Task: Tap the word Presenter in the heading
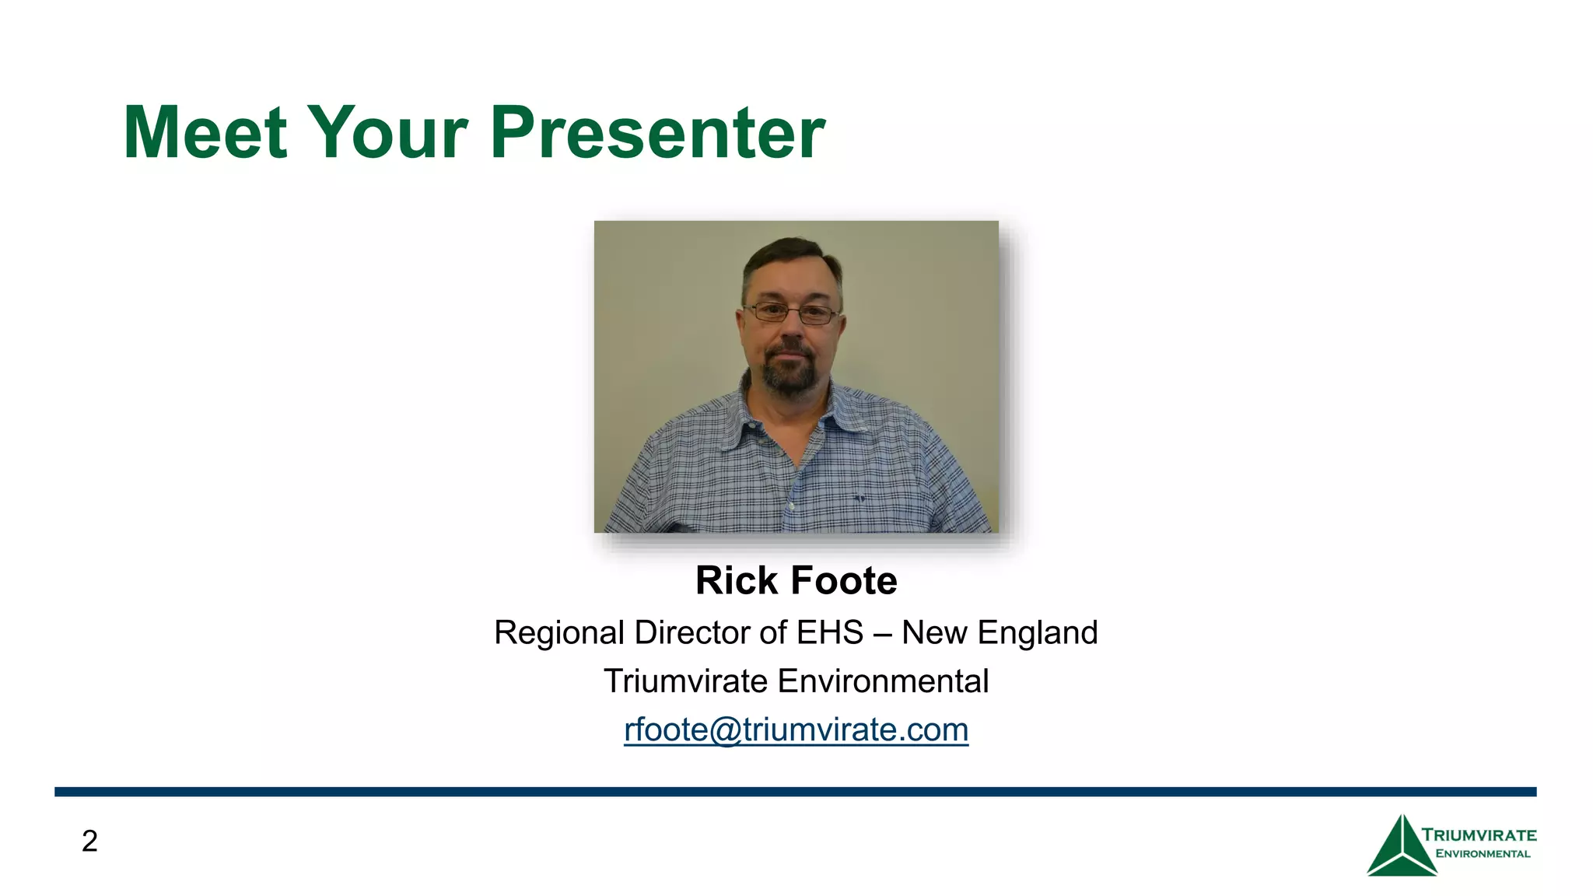(x=657, y=134)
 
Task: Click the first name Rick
(x=737, y=581)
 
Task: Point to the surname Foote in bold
(x=844, y=581)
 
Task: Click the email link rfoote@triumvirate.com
(x=796, y=730)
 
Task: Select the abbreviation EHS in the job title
(x=830, y=633)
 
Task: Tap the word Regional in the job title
(x=559, y=633)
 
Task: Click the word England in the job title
(x=1038, y=633)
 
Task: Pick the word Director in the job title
(x=692, y=633)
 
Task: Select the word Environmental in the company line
(x=883, y=682)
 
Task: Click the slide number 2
(x=89, y=842)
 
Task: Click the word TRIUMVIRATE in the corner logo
(x=1479, y=835)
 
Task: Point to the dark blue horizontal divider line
(x=795, y=792)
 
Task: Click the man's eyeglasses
(x=789, y=314)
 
